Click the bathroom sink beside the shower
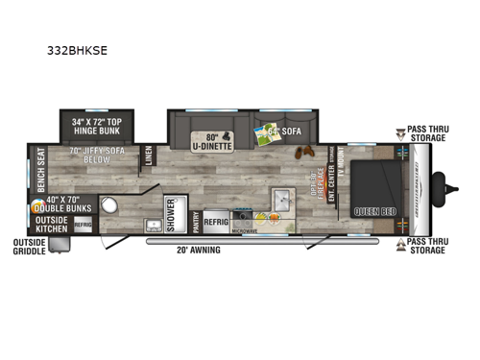pyautogui.click(x=154, y=226)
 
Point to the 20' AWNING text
pyautogui.click(x=198, y=250)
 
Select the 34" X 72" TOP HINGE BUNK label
pyautogui.click(x=98, y=126)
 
